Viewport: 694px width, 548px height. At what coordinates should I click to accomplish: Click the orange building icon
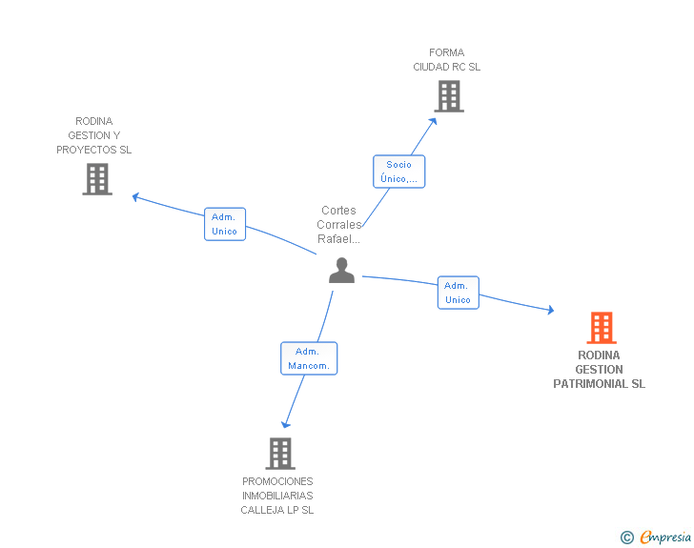tap(602, 328)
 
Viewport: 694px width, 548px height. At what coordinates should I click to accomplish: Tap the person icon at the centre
tap(341, 270)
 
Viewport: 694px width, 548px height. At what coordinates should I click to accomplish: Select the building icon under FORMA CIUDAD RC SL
tap(449, 96)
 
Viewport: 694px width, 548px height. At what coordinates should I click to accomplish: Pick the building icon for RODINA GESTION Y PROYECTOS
tap(97, 179)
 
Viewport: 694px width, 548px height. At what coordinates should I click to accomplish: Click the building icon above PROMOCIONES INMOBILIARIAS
tap(280, 454)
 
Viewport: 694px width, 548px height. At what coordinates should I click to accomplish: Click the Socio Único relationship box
tap(398, 172)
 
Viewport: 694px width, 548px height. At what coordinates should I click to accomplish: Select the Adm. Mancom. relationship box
tap(309, 358)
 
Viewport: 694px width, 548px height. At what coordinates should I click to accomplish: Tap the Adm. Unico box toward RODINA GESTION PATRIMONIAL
tap(459, 293)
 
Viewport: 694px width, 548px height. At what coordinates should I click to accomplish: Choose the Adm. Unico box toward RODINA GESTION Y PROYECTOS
tap(225, 224)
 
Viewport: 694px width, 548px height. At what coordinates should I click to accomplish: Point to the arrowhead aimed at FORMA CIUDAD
tap(433, 121)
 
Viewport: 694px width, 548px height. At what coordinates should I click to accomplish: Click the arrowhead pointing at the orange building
tap(551, 310)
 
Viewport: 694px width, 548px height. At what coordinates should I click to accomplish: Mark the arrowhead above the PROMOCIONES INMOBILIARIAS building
tap(285, 424)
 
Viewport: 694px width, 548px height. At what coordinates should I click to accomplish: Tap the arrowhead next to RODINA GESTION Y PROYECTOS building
tap(136, 197)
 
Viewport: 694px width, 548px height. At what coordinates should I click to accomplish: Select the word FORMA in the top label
tap(446, 52)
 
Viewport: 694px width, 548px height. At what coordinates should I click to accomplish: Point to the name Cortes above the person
tap(338, 211)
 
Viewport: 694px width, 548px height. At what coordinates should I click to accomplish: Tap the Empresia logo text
tap(665, 538)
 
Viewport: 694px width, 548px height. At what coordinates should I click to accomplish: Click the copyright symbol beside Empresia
tap(627, 538)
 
